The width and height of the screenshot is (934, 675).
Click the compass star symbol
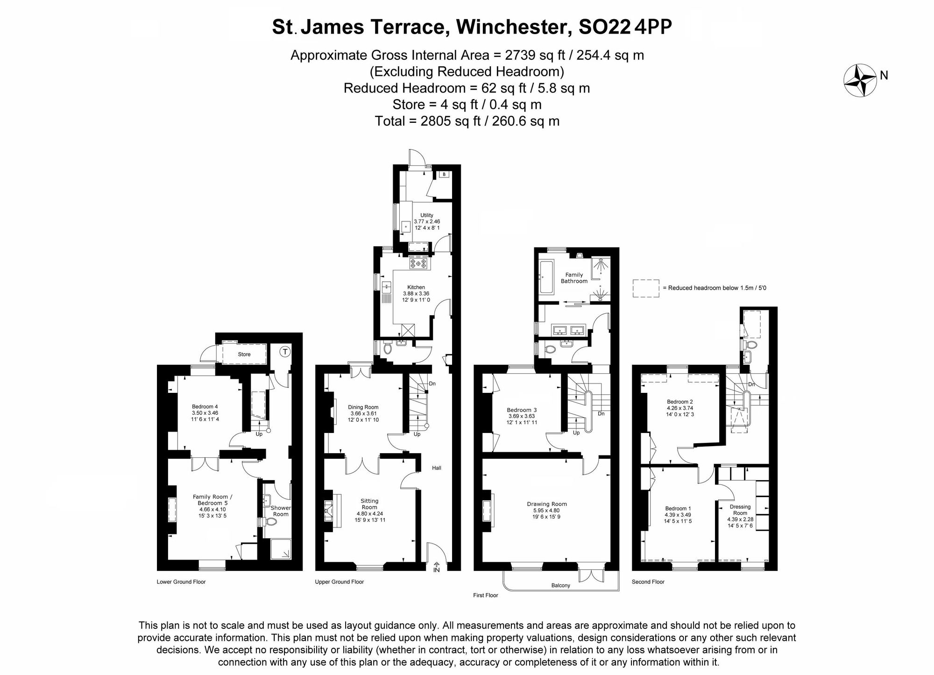click(x=860, y=80)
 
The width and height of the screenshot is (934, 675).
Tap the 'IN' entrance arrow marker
click(x=437, y=568)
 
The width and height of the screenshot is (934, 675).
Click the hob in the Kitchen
click(x=418, y=263)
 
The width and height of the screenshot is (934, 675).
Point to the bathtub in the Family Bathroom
click(x=547, y=277)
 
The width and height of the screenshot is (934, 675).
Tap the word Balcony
click(x=560, y=585)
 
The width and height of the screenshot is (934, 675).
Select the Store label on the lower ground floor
click(x=244, y=355)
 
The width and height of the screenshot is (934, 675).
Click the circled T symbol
click(x=285, y=352)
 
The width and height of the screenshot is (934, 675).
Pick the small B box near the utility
click(x=444, y=174)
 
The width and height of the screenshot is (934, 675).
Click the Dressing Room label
click(x=740, y=510)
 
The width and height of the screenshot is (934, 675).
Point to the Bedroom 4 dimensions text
click(x=205, y=416)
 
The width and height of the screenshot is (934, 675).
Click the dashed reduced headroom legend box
click(x=646, y=288)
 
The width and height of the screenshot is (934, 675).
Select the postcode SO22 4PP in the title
click(x=625, y=27)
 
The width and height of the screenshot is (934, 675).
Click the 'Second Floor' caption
click(x=648, y=582)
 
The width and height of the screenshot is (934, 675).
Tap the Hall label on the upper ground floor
click(x=436, y=468)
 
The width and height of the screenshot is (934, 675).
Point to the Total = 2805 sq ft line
click(x=467, y=121)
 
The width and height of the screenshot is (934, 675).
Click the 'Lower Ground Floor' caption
click(x=181, y=582)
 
